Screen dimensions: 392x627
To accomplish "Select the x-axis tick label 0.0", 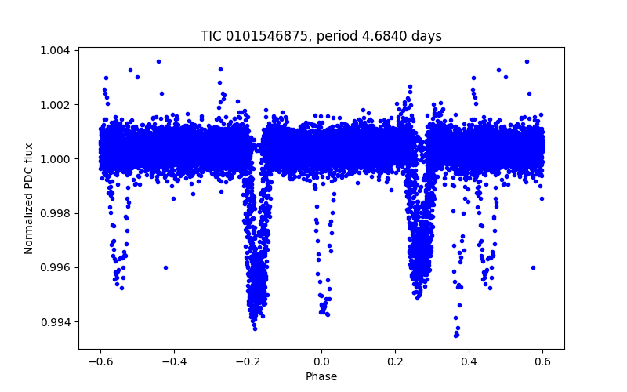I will coord(321,361).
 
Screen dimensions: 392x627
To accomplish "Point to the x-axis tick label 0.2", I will coord(395,361).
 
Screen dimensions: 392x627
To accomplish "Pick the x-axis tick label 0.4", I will coord(469,361).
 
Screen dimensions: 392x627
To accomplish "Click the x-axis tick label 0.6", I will coord(542,361).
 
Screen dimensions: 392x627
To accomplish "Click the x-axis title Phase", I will coord(321,376).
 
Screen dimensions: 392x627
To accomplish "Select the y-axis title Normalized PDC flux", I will coord(29,198).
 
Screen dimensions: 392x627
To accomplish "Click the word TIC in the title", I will coord(212,36).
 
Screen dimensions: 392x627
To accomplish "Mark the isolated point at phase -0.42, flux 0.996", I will coord(165,267).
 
